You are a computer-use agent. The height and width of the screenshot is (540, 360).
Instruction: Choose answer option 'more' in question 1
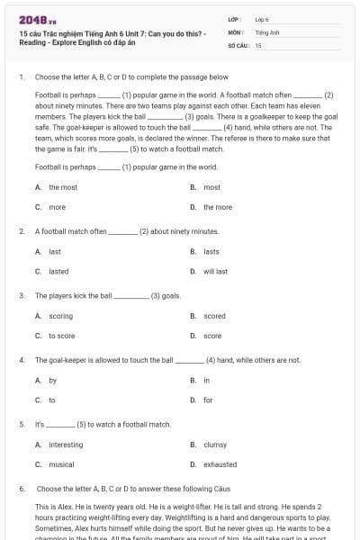click(57, 207)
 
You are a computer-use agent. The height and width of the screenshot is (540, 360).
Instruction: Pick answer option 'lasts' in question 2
click(211, 251)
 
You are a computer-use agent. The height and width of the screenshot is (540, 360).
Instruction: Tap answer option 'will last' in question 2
click(215, 271)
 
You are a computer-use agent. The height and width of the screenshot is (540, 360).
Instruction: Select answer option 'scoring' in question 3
click(61, 316)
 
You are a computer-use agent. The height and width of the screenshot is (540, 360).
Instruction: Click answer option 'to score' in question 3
click(62, 336)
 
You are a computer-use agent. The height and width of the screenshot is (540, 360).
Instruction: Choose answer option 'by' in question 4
click(53, 381)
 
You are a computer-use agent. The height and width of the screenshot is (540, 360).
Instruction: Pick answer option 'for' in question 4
click(208, 400)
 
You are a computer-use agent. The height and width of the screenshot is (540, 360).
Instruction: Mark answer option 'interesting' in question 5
click(66, 445)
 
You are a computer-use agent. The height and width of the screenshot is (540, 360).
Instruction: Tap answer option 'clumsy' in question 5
click(215, 445)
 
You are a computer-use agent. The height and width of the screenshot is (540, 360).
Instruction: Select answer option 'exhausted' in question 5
click(220, 464)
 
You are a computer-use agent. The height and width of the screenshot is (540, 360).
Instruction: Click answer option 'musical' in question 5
click(61, 464)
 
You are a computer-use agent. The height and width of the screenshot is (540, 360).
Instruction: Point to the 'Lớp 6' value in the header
click(262, 18)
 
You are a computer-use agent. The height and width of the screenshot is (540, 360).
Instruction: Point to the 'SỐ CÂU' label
click(238, 45)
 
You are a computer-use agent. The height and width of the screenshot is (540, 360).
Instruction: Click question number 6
click(21, 489)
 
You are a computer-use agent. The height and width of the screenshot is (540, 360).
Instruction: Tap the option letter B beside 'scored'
click(193, 316)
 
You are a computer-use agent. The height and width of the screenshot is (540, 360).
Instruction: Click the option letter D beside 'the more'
click(193, 207)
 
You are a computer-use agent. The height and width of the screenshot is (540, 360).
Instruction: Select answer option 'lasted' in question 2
click(58, 271)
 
